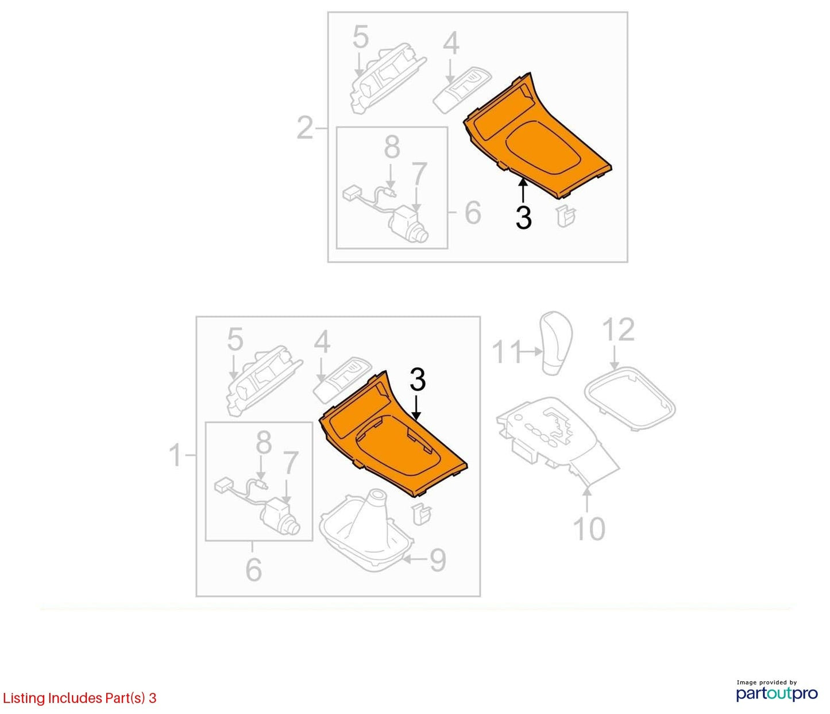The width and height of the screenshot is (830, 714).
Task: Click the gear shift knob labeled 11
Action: pos(557,343)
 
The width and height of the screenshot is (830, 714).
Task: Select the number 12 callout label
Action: pos(619,330)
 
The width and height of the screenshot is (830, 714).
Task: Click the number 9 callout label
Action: pos(437,560)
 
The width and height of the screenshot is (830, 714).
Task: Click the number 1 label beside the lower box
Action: pos(175,455)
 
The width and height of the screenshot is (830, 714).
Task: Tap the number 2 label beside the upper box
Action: pos(304,128)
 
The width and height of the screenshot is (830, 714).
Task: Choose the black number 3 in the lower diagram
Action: pos(417,379)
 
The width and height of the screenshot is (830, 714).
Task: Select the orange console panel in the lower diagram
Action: pos(393,434)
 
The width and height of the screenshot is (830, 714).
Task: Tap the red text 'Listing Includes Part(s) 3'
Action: pos(79,697)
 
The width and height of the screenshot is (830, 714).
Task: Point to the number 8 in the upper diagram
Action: pos(392,147)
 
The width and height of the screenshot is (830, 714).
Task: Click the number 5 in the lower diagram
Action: pos(236,340)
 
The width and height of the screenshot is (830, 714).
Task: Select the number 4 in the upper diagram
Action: pos(451,44)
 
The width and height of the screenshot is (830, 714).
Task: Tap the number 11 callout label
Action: pos(506,352)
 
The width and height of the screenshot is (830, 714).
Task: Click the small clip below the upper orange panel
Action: pos(566,217)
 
